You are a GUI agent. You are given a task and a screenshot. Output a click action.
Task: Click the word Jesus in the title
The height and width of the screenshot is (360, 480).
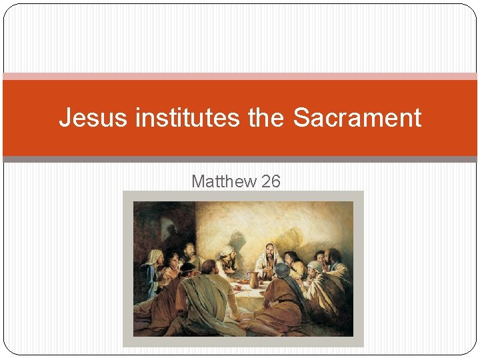[93, 118]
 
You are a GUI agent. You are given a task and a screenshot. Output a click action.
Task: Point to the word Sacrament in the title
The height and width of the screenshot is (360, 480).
[357, 118]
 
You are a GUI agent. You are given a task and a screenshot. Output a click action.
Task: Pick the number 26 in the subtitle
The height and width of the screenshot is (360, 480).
[271, 181]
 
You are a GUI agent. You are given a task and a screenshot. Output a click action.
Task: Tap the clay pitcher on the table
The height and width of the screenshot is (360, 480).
[254, 279]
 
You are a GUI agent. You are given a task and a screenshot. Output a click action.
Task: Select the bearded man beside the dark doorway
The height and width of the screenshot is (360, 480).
[190, 251]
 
